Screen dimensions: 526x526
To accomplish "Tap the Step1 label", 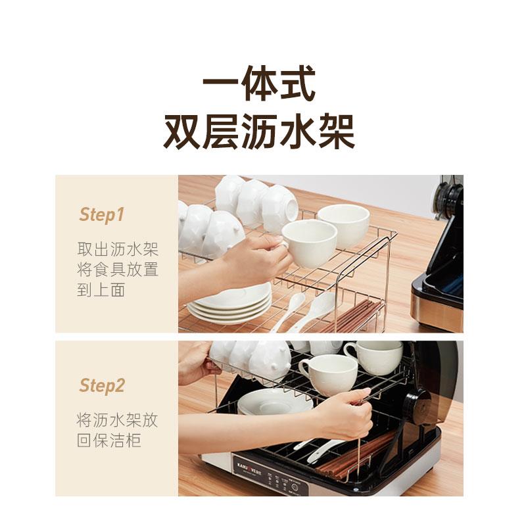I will pyautogui.click(x=101, y=214).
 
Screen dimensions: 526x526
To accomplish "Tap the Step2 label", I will pyautogui.click(x=102, y=386).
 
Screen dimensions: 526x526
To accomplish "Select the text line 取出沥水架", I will pyautogui.click(x=118, y=249).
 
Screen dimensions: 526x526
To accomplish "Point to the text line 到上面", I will pyautogui.click(x=101, y=290).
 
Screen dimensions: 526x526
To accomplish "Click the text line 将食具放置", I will pyautogui.click(x=118, y=270).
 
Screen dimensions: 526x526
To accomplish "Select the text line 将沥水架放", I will pyautogui.click(x=118, y=420).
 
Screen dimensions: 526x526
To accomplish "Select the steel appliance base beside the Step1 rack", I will pyautogui.click(x=437, y=306).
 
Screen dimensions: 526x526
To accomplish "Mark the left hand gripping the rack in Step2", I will pyautogui.click(x=194, y=362).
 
